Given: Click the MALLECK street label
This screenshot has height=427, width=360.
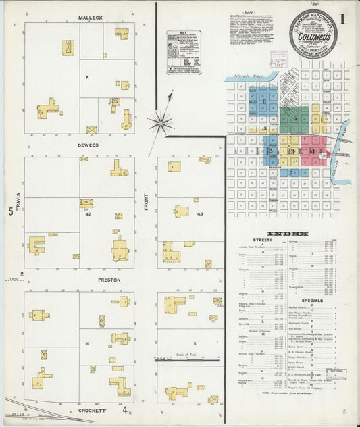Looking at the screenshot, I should [x=89, y=17].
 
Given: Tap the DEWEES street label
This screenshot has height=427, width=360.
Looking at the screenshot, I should [x=88, y=145].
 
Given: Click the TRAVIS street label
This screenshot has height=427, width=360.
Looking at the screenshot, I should [x=18, y=203].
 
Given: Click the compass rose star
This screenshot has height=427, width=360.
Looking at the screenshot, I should [x=161, y=123].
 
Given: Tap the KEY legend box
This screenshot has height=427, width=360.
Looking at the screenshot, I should [x=184, y=52].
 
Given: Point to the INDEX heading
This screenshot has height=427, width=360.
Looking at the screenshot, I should [x=288, y=234].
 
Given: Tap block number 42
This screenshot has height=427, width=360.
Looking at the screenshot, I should [x=88, y=214].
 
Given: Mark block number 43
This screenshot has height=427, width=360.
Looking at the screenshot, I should [x=199, y=214].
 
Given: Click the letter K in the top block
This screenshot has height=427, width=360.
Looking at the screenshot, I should [x=86, y=77].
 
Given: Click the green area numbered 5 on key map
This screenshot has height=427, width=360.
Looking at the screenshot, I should [x=295, y=117].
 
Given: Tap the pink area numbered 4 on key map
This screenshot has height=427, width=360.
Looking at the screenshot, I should [x=312, y=151].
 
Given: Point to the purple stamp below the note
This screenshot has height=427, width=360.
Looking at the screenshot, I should [x=278, y=59].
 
